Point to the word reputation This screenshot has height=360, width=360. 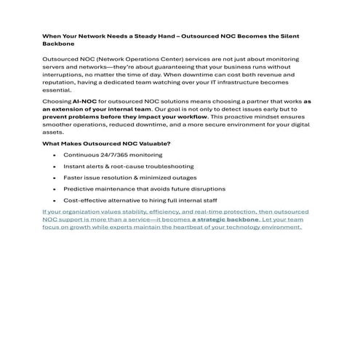point(62,82)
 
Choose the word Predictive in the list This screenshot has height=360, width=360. point(80,188)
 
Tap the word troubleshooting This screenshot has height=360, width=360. point(168,167)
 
